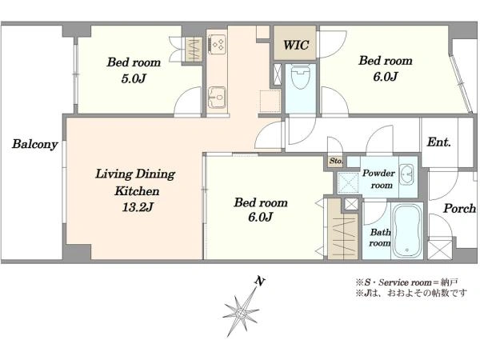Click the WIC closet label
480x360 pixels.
[296, 45]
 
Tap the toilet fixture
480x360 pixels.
[301, 77]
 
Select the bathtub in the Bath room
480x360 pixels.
[407, 230]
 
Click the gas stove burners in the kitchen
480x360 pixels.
[218, 45]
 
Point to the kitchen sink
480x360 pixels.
[217, 97]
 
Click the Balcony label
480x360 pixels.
[35, 144]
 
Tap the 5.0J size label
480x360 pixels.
[134, 78]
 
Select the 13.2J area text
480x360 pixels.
[138, 207]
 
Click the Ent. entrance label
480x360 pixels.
[438, 142]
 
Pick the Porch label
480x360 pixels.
[459, 209]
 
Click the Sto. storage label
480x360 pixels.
[336, 161]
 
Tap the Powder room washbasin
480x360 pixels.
[407, 174]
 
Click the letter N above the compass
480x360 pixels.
[260, 281]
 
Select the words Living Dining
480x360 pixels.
[135, 174]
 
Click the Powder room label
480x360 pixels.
[379, 179]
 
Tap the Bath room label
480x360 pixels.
[380, 238]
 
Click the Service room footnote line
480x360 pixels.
[407, 282]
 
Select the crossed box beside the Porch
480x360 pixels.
[440, 250]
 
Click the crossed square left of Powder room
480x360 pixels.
[348, 183]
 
